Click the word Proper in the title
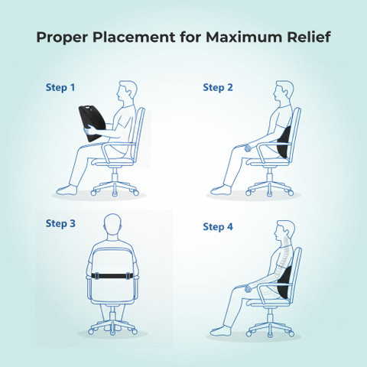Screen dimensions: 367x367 (62, 37)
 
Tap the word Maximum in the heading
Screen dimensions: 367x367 (244, 37)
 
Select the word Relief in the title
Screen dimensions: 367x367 (309, 37)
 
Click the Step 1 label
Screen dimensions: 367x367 (60, 88)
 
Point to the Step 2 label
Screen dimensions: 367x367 (218, 88)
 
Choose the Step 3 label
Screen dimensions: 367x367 (60, 223)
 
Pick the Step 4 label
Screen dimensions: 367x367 (218, 226)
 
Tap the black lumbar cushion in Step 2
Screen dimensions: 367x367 (284, 141)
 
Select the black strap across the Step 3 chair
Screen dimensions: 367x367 (112, 276)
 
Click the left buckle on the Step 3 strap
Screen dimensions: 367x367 (96, 276)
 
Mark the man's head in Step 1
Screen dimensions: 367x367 (127, 93)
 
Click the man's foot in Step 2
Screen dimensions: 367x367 (221, 190)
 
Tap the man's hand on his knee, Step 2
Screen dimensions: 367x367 (248, 148)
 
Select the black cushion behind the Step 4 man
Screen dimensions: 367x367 (284, 282)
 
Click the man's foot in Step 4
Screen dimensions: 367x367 (221, 331)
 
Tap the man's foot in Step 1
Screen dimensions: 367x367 (67, 190)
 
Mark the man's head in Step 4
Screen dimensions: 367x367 (284, 232)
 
